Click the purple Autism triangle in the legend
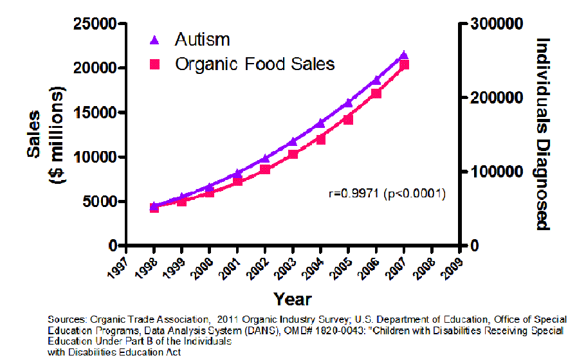click(154, 40)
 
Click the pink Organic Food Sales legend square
click(154, 64)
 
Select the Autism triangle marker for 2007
click(404, 56)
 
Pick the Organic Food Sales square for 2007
click(404, 64)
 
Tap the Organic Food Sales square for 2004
click(320, 139)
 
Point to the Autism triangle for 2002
click(265, 158)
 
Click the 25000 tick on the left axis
click(97, 24)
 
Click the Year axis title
click(293, 299)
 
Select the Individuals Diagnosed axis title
click(544, 134)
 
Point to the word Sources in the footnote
click(67, 319)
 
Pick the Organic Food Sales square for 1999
click(182, 201)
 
